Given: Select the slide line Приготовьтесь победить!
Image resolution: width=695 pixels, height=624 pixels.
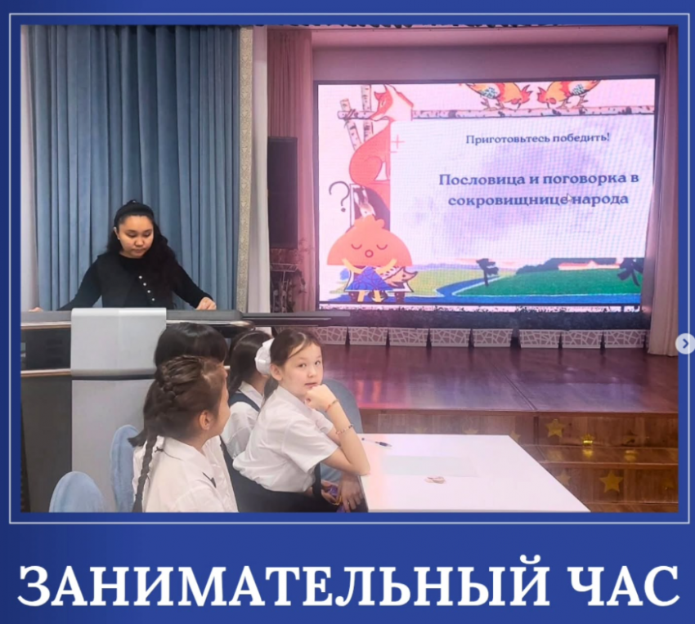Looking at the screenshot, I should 537,138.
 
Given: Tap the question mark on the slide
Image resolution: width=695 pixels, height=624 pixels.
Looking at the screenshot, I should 338,196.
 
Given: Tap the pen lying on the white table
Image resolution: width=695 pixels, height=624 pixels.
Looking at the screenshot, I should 376,442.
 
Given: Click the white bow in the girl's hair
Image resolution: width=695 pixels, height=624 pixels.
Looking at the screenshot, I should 263,356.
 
